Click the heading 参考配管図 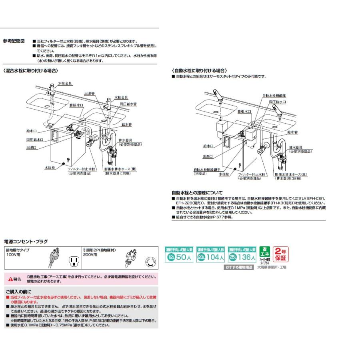14,41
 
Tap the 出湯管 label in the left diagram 89,93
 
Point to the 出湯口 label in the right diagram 208,156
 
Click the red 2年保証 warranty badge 280,254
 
